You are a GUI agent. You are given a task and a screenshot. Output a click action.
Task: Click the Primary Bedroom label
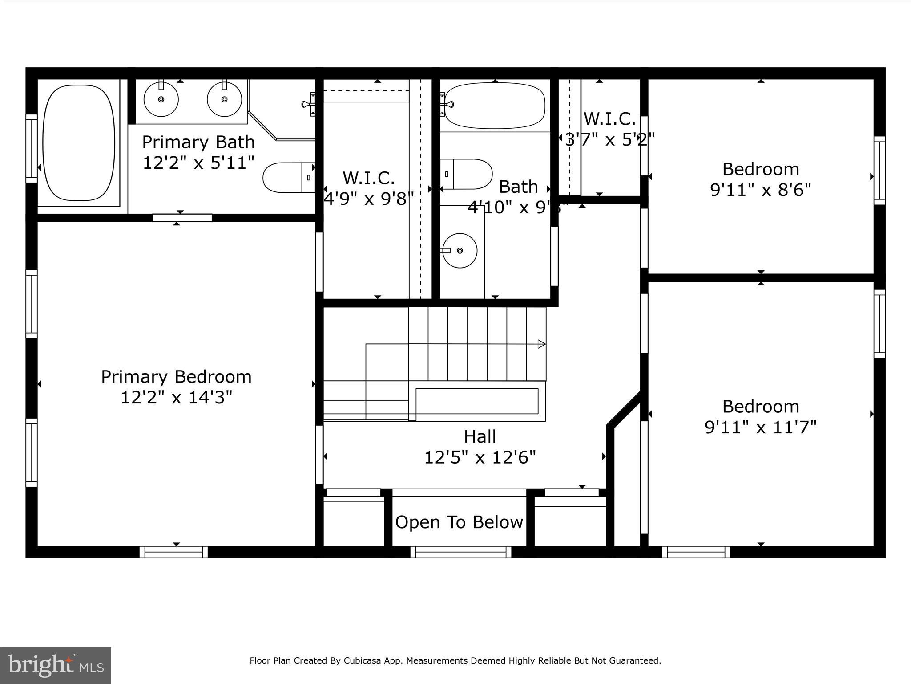click(176, 377)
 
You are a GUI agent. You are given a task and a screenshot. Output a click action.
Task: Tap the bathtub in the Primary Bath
click(78, 142)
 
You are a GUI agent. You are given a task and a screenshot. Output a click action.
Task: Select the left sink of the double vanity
click(161, 99)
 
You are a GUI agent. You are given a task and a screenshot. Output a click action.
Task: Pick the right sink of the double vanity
click(224, 99)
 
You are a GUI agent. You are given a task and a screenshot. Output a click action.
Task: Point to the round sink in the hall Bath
click(460, 251)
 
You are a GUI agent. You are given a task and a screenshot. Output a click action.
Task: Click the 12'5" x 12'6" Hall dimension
click(480, 457)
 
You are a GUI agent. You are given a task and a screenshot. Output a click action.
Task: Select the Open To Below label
click(459, 522)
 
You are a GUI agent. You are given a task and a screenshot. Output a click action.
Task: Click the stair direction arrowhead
click(541, 344)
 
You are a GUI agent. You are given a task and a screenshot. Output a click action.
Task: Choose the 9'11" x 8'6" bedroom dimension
click(761, 190)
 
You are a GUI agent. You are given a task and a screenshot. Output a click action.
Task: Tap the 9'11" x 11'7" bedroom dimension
click(761, 427)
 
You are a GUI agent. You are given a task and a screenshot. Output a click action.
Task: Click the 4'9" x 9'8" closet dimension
click(369, 199)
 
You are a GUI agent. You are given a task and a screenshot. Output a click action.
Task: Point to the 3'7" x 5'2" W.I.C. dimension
click(610, 140)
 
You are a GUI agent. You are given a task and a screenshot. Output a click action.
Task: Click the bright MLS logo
click(56, 665)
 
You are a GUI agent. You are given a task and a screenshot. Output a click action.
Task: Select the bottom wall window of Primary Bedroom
click(173, 552)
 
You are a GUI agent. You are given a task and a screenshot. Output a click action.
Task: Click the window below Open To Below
click(460, 552)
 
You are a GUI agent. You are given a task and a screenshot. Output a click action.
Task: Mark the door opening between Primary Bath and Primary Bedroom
click(182, 218)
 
